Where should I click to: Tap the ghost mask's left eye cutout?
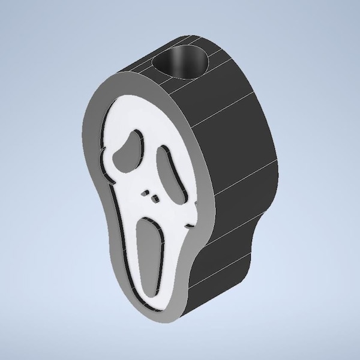(129, 146)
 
